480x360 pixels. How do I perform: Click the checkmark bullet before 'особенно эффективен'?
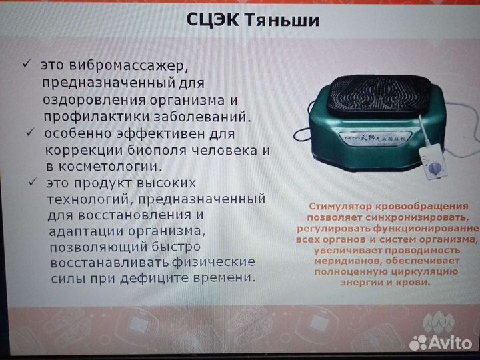click(x=30, y=132)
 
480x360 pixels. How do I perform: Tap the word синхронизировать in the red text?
click(x=421, y=217)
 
